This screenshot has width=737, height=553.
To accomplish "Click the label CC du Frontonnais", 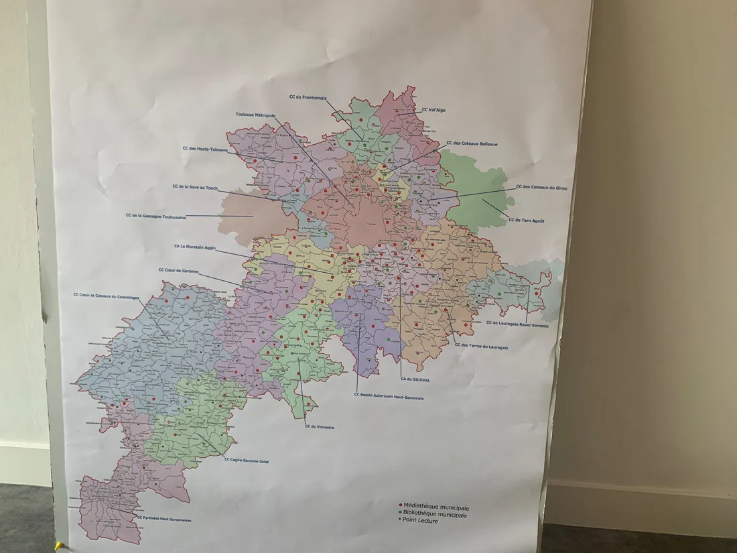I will coord(308,97).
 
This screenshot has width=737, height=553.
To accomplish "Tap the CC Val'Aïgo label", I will coord(433,110).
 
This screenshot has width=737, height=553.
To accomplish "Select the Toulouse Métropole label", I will coord(255,115).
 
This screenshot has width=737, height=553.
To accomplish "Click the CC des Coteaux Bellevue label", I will coord(472,143).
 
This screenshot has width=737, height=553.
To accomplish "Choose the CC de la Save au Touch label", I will coord(195,188).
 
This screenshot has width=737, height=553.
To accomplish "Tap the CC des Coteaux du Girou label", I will coord(541,188).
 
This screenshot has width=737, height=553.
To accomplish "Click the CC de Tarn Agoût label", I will coord(527,220).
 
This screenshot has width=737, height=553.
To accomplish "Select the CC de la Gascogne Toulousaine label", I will coord(155,217).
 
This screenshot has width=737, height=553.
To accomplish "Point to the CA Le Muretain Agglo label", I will coord(195,246).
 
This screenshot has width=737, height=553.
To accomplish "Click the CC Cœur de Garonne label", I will coord(178,270).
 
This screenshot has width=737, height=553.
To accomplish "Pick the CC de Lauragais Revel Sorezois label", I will coord(517,325).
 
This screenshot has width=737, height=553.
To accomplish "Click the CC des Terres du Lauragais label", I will coord(481,346).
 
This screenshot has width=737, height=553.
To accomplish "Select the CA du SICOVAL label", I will coord(415,379).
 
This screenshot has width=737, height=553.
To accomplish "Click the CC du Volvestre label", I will coord(320,426).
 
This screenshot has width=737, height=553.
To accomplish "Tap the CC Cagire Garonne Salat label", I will coord(246,460).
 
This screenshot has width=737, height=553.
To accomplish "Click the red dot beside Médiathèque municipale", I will coord(400,507).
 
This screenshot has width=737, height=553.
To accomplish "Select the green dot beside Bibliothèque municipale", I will coord(400,514).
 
